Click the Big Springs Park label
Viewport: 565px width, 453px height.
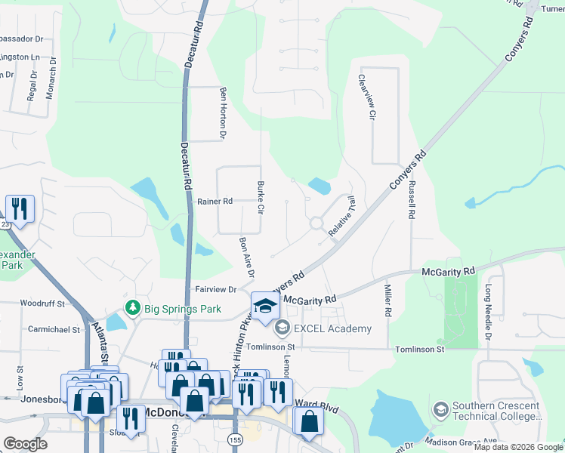(x=184, y=309)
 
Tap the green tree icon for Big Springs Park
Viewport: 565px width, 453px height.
(x=133, y=308)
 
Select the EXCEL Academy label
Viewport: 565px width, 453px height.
(x=333, y=328)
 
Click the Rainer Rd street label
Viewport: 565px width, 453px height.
(x=215, y=202)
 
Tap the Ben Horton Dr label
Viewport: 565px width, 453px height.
(x=223, y=113)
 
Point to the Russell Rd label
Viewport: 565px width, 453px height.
(x=412, y=199)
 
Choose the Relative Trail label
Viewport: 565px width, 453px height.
(x=341, y=217)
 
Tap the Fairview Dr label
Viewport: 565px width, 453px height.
(x=217, y=289)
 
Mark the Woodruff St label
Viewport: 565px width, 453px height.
(x=40, y=303)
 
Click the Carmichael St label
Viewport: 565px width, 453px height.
(x=54, y=330)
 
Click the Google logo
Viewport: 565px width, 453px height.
(x=25, y=444)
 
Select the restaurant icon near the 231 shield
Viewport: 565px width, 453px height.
(x=20, y=208)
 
